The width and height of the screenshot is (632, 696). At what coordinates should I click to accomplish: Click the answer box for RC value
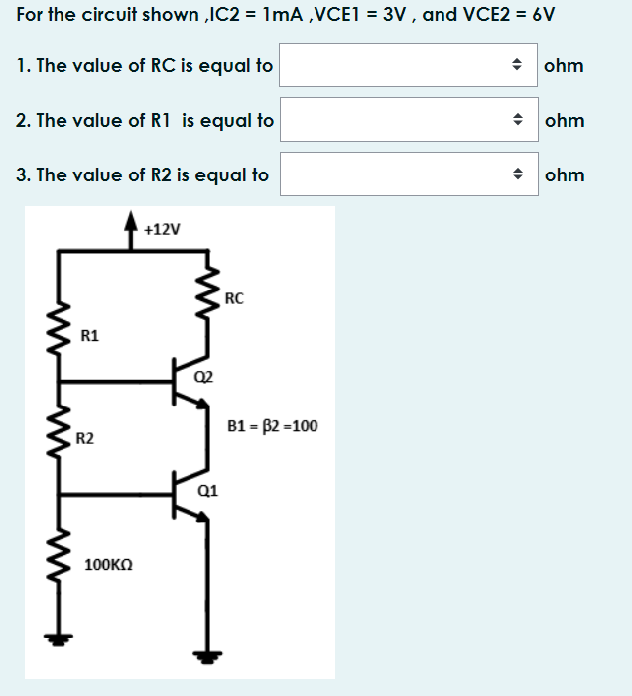point(397,65)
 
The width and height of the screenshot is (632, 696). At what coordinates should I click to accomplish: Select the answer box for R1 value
point(397,120)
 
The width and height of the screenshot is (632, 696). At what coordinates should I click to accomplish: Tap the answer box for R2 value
point(397,174)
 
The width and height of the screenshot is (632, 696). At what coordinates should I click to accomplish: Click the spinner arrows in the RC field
point(517,65)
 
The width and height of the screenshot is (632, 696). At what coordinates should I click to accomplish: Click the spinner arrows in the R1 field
point(517,120)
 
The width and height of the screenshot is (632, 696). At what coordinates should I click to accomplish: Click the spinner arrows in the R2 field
point(517,174)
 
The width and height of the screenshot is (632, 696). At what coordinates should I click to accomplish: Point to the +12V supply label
point(162,229)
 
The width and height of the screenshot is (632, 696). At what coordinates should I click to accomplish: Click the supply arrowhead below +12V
point(130,223)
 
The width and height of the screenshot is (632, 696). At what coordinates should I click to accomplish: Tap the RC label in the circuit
point(234,297)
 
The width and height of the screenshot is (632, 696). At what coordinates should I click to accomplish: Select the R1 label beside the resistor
point(89,336)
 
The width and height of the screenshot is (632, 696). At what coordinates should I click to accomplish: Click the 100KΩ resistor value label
point(109,564)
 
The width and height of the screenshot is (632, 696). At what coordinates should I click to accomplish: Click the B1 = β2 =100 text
point(272,426)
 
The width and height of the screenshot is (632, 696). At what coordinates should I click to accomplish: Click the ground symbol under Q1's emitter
point(208,652)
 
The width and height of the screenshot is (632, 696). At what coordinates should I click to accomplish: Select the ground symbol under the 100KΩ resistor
point(58,638)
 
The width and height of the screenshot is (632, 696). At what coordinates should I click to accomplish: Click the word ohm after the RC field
point(564,65)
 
